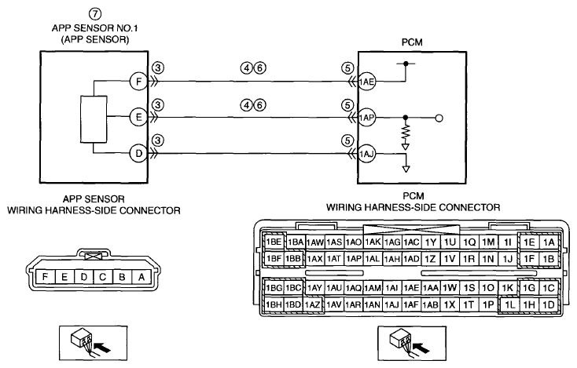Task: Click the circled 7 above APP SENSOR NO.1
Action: [95, 14]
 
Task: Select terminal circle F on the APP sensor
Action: [138, 81]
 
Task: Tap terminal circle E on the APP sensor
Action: [138, 117]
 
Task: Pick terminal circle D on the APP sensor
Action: [138, 153]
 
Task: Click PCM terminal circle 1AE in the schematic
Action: [366, 82]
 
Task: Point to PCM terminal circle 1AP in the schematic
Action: [366, 118]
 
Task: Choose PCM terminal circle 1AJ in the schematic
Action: [366, 154]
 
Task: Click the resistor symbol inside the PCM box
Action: [406, 133]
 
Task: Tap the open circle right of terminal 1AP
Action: [439, 118]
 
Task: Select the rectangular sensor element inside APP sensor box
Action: [94, 119]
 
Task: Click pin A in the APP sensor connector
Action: [141, 276]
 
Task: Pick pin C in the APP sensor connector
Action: [103, 276]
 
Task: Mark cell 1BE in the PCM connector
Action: [274, 242]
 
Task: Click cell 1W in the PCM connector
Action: [450, 287]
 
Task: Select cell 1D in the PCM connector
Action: [549, 304]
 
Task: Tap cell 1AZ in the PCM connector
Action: [313, 304]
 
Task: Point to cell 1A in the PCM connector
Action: [549, 242]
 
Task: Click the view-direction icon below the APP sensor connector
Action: [94, 344]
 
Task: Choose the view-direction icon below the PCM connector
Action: [412, 344]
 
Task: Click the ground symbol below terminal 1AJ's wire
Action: [406, 169]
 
